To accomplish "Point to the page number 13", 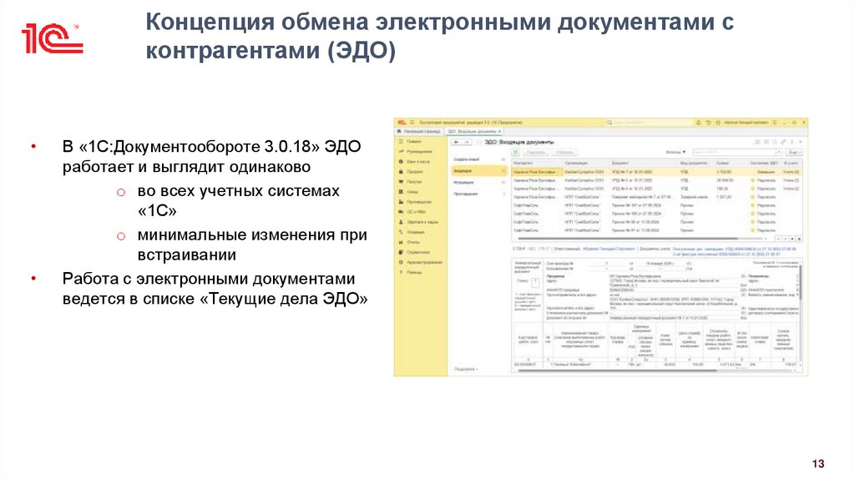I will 817,463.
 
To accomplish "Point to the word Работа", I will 89,279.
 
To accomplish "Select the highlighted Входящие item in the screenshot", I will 466,169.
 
